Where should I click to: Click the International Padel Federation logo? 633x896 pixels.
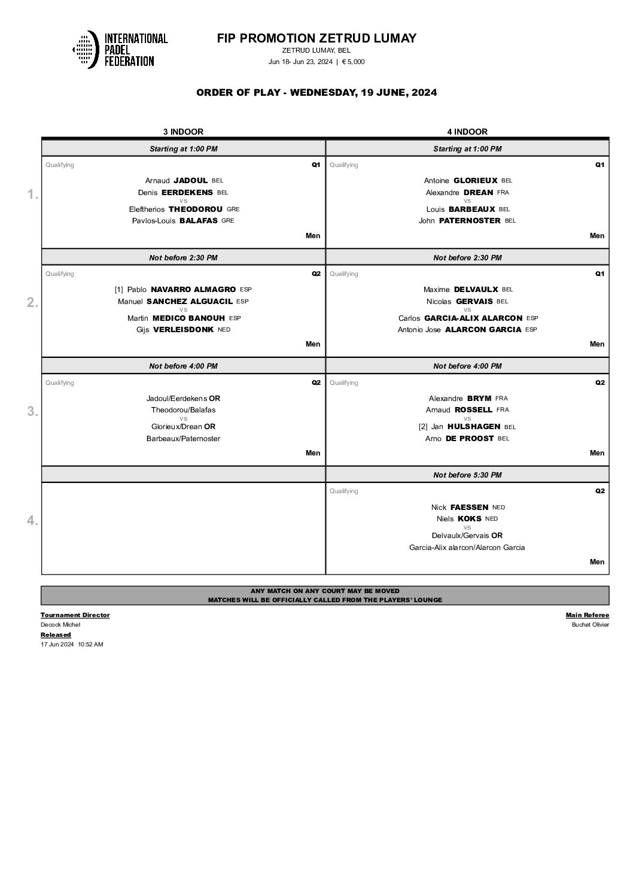pyautogui.click(x=120, y=49)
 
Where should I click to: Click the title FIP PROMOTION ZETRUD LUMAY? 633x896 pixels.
pyautogui.click(x=316, y=38)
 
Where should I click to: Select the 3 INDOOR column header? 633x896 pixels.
pyautogui.click(x=183, y=132)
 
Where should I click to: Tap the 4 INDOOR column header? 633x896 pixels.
pyautogui.click(x=467, y=132)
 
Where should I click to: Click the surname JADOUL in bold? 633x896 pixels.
pyautogui.click(x=190, y=180)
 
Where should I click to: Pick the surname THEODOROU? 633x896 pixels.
pyautogui.click(x=195, y=209)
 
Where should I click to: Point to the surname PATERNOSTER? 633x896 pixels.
pyautogui.click(x=470, y=220)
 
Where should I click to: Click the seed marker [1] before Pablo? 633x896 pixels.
pyautogui.click(x=119, y=290)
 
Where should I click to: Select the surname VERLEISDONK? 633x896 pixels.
pyautogui.click(x=183, y=330)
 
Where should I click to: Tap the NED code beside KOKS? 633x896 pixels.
pyautogui.click(x=491, y=519)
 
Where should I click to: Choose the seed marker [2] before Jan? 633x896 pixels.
pyautogui.click(x=423, y=427)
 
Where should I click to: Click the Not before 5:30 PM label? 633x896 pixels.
pyautogui.click(x=467, y=475)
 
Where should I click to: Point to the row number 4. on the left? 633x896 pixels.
pyautogui.click(x=32, y=521)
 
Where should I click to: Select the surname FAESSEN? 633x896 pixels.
pyautogui.click(x=469, y=507)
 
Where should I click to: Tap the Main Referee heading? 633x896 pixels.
pyautogui.click(x=587, y=615)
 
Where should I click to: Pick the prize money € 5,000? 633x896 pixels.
pyautogui.click(x=353, y=62)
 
